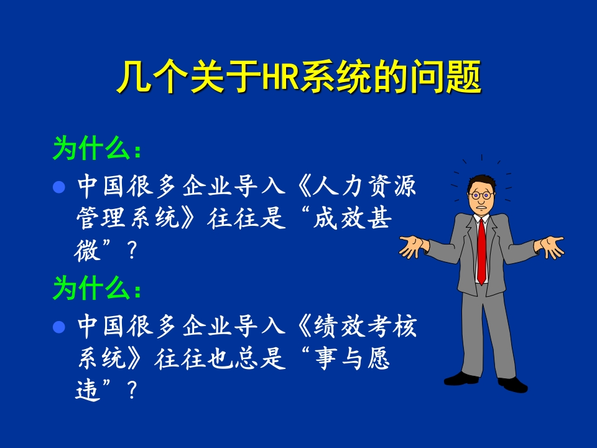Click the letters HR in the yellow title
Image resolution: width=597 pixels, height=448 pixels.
(280, 77)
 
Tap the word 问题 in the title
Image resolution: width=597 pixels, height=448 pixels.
(445, 77)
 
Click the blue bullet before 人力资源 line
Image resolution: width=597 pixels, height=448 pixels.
(59, 187)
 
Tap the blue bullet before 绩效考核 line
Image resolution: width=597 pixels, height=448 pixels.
(59, 327)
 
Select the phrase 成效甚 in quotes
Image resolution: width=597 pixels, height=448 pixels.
(352, 218)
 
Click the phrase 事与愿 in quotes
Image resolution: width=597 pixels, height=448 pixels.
(352, 358)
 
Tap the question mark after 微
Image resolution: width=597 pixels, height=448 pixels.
(132, 250)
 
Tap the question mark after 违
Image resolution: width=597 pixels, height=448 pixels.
(132, 391)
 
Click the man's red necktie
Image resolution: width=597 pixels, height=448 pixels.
(481, 252)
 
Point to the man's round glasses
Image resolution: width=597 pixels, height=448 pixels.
(481, 195)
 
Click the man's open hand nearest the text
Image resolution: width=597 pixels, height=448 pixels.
(412, 246)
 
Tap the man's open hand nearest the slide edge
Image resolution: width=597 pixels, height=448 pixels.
(550, 246)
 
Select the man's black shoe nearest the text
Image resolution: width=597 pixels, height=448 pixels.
(461, 378)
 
